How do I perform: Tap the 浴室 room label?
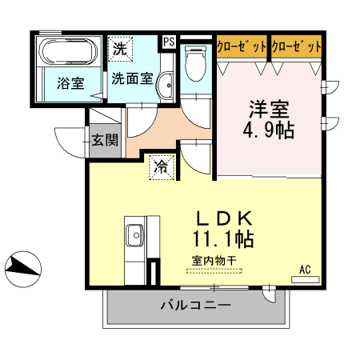coord(70,82)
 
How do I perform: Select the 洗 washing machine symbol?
coord(120,48)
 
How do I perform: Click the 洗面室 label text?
coord(132,78)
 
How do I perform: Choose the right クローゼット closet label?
coord(296,47)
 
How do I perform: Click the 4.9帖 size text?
coord(267,130)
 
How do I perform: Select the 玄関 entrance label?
coord(104,141)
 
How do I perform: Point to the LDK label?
coord(225,218)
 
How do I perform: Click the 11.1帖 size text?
coord(223,238)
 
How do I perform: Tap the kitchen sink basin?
coord(134,235)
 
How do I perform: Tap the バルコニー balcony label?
coord(196,305)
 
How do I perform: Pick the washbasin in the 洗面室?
coord(166,86)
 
